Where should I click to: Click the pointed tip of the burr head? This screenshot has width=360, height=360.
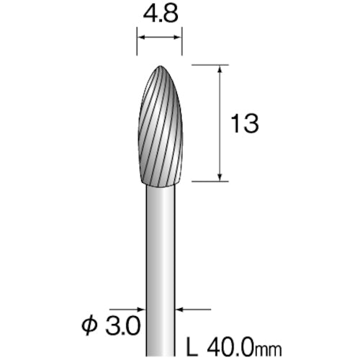coord(159,66)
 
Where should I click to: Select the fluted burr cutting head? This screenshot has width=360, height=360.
coord(159,126)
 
